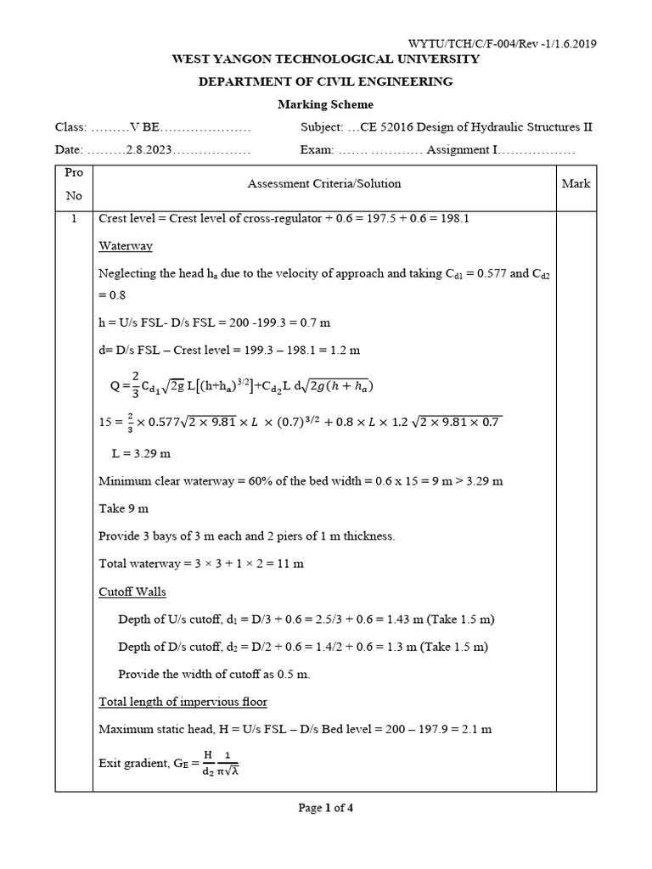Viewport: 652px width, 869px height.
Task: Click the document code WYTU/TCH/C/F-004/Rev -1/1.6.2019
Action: tap(503, 43)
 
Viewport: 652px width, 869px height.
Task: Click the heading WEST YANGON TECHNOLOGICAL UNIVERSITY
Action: tap(326, 59)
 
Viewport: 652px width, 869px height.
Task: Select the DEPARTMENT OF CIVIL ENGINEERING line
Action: tap(326, 81)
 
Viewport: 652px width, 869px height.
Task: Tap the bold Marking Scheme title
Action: tap(326, 104)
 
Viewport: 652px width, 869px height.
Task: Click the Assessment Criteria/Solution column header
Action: tap(323, 183)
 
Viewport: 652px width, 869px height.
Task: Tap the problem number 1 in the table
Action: tap(74, 218)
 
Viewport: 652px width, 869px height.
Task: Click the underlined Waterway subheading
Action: tap(125, 245)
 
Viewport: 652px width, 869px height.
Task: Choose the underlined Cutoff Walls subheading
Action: tap(132, 591)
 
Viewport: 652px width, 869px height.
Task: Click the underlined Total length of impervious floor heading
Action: tap(183, 702)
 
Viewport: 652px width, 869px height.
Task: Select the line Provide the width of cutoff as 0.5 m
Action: tap(214, 674)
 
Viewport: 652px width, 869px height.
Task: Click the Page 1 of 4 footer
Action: tap(326, 808)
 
